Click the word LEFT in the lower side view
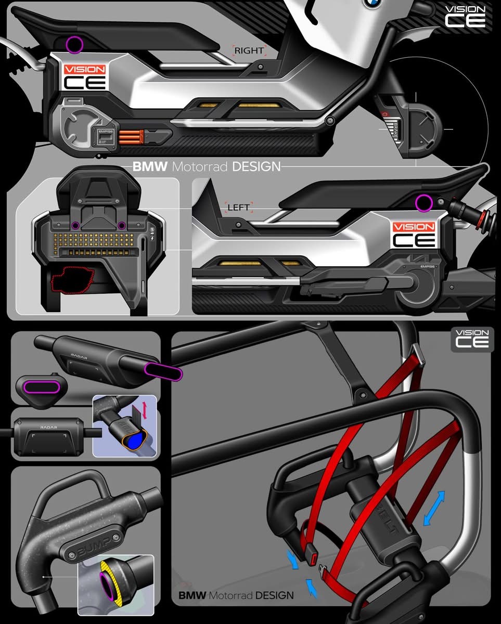pyautogui.click(x=239, y=207)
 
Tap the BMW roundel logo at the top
pyautogui.click(x=372, y=4)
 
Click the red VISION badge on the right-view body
pyautogui.click(x=84, y=70)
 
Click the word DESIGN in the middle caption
pyautogui.click(x=256, y=167)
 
